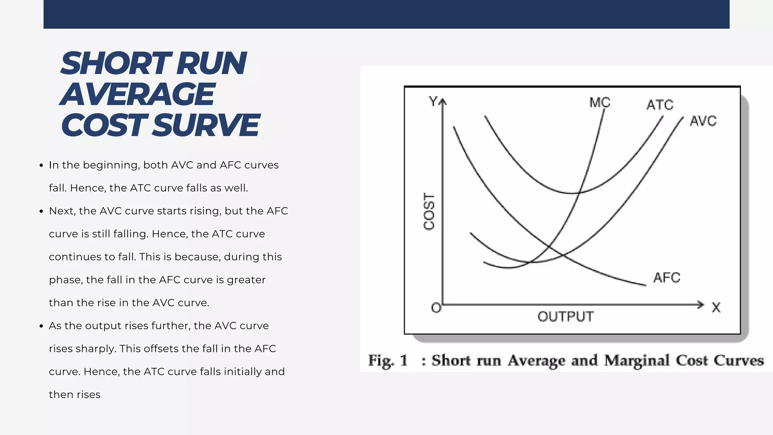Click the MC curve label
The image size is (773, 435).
click(599, 102)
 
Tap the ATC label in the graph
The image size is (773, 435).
click(660, 105)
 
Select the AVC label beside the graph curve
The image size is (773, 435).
click(703, 121)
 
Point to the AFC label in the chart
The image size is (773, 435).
click(667, 278)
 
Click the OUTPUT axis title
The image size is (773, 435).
click(565, 316)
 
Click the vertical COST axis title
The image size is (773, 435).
click(429, 211)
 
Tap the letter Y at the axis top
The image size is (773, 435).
click(433, 101)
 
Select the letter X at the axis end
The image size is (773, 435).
click(716, 307)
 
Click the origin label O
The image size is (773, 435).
click(436, 308)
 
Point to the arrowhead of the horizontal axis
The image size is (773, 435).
click(701, 304)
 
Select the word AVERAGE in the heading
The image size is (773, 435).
click(137, 94)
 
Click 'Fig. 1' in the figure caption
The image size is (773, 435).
click(388, 360)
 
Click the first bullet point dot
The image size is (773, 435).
click(42, 165)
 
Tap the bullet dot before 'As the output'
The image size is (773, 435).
click(42, 326)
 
